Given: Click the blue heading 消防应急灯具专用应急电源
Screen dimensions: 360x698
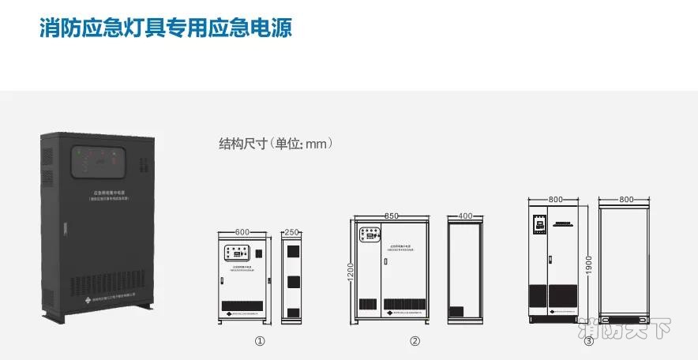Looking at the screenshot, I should pos(167,28).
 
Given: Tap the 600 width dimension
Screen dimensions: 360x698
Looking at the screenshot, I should pos(242,231).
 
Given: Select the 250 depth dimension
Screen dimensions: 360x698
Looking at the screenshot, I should pos(291,231).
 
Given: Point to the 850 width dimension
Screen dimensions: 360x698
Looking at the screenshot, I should pos(392,215).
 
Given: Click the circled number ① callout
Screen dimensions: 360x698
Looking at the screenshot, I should pos(259,342).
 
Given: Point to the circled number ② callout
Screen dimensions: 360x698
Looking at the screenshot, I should pos(415,342).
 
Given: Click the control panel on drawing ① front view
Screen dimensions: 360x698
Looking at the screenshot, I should pos(238,254).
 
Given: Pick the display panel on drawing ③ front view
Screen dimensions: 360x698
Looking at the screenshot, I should pos(539,225).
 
